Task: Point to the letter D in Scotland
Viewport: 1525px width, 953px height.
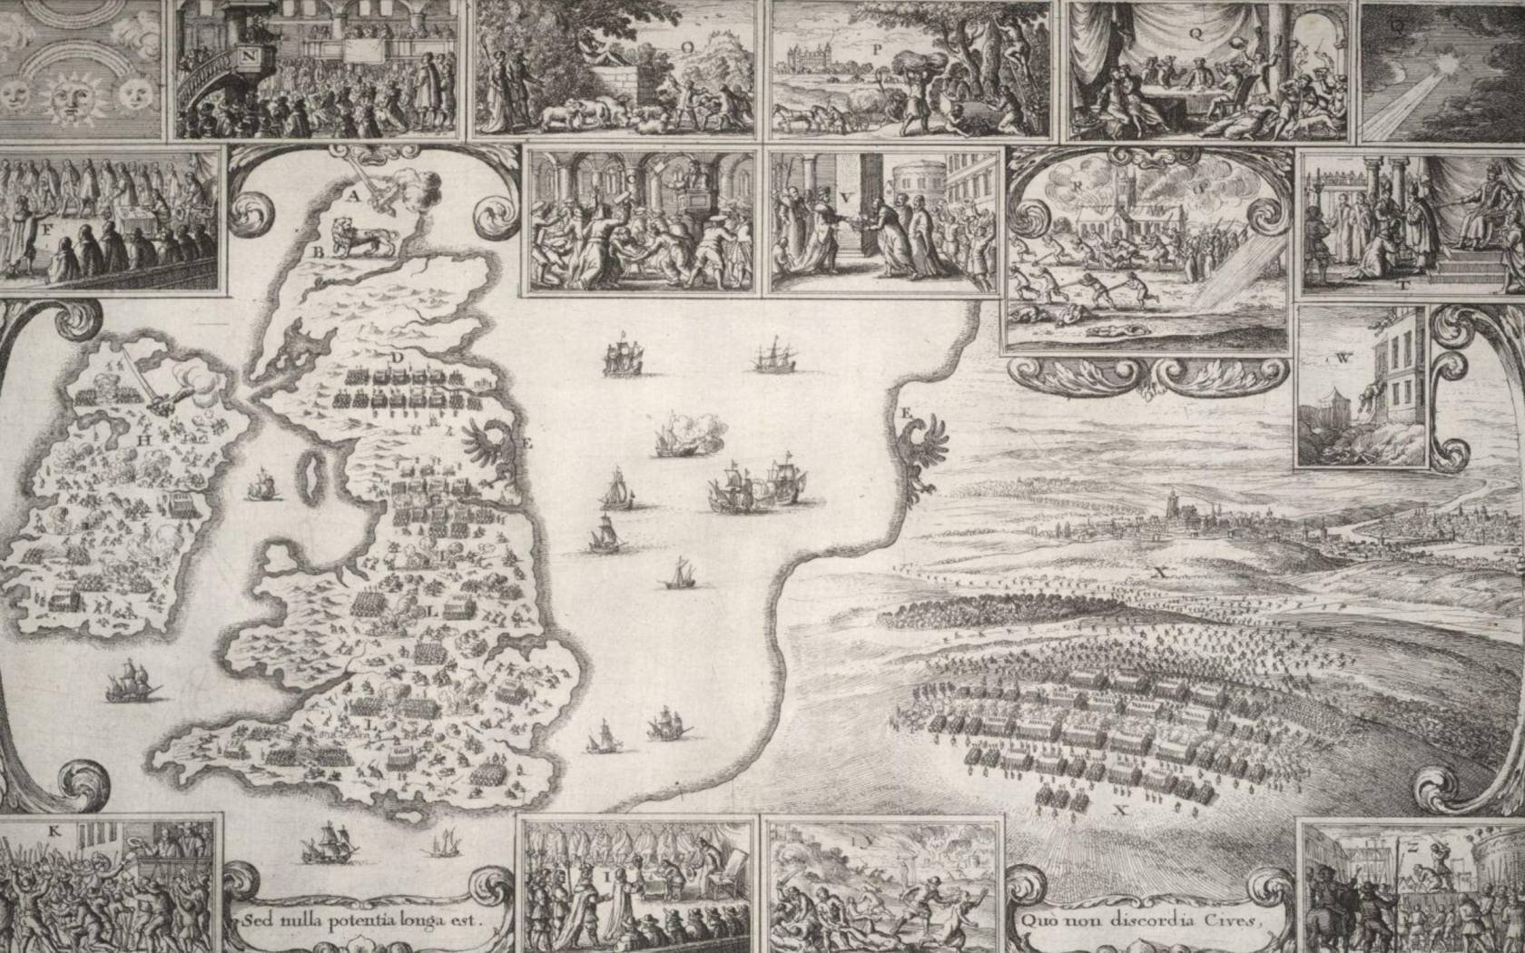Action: pos(397,358)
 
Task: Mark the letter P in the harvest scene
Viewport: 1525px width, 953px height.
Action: pos(877,52)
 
